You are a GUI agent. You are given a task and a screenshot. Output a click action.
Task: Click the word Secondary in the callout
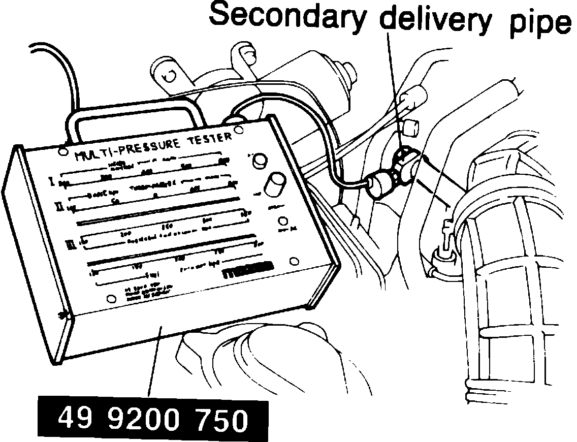287,16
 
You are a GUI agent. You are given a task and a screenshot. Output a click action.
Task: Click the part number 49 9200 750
153,420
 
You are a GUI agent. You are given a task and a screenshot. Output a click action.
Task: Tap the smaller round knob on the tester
261,159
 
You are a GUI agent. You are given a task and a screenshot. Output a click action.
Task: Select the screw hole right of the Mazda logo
293,262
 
